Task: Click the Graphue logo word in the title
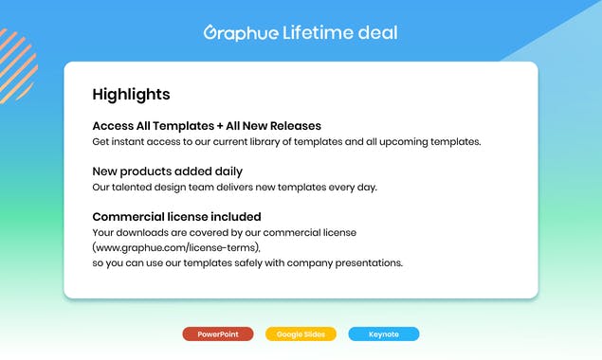(241, 33)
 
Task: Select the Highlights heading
(131, 95)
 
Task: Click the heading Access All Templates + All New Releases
(207, 126)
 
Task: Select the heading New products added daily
(167, 171)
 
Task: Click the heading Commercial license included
(176, 217)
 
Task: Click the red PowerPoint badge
(218, 334)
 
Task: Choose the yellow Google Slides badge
(301, 334)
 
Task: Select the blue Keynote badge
(383, 334)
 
